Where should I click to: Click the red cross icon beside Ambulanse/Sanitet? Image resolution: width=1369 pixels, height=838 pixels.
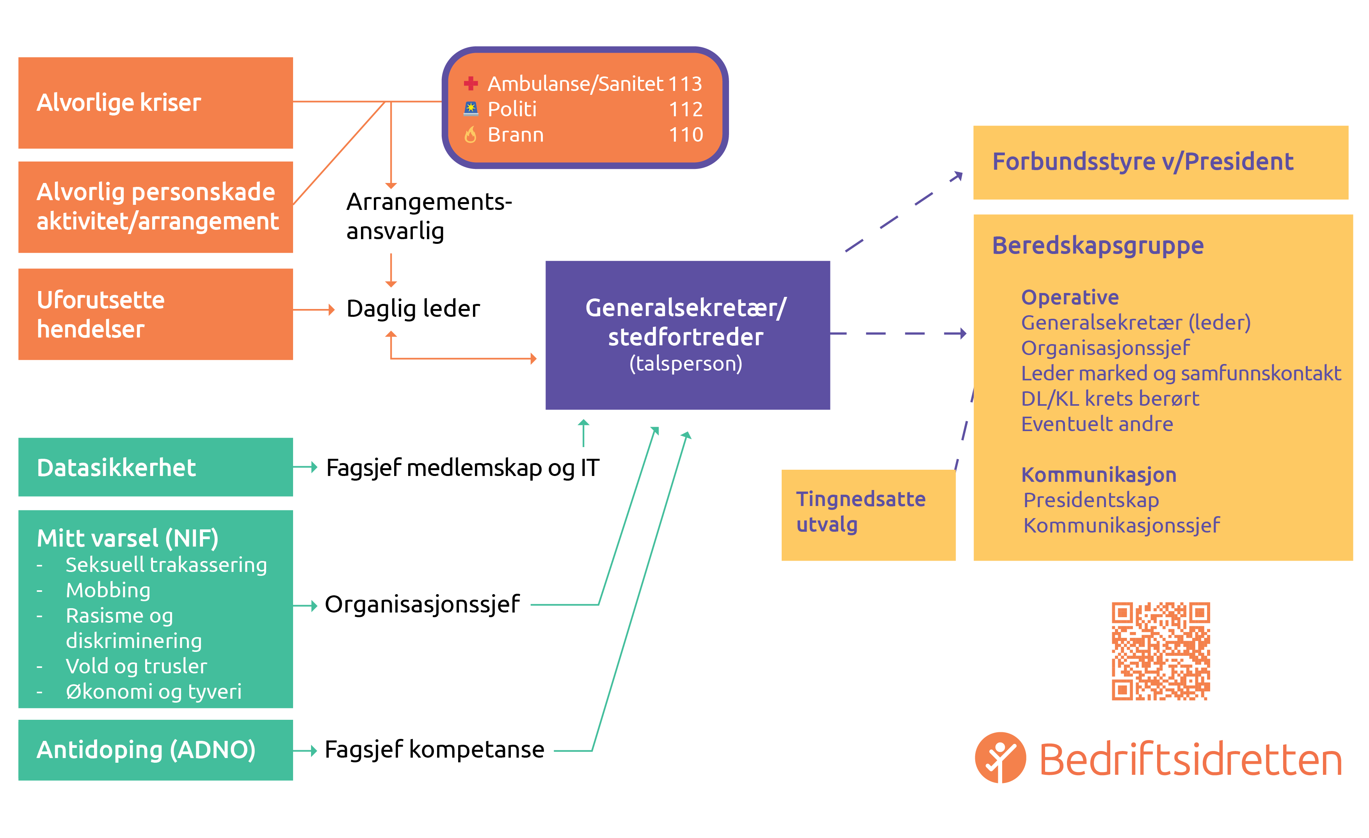[471, 83]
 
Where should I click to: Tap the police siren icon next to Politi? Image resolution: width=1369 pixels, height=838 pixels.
[471, 108]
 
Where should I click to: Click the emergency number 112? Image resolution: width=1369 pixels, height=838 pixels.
[686, 109]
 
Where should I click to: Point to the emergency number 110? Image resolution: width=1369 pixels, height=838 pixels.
[686, 135]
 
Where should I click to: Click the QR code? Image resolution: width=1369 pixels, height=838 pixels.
[1160, 651]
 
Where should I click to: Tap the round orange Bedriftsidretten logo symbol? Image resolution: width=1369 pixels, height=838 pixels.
[1000, 758]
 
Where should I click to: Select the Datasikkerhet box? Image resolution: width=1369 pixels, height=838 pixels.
[156, 467]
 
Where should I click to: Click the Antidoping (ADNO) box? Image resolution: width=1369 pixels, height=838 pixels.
[156, 750]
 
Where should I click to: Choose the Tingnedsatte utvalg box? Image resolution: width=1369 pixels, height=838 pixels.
[868, 515]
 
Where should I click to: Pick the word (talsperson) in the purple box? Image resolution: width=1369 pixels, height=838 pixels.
[686, 364]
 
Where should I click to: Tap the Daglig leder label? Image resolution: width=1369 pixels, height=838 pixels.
[413, 309]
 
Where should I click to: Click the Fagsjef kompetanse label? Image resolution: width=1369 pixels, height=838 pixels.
[434, 750]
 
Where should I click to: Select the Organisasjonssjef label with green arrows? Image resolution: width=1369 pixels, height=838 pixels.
[422, 604]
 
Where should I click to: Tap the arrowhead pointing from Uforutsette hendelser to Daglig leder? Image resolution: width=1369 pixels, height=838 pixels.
[332, 309]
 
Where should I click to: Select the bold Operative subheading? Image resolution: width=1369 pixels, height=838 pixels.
[1070, 297]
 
